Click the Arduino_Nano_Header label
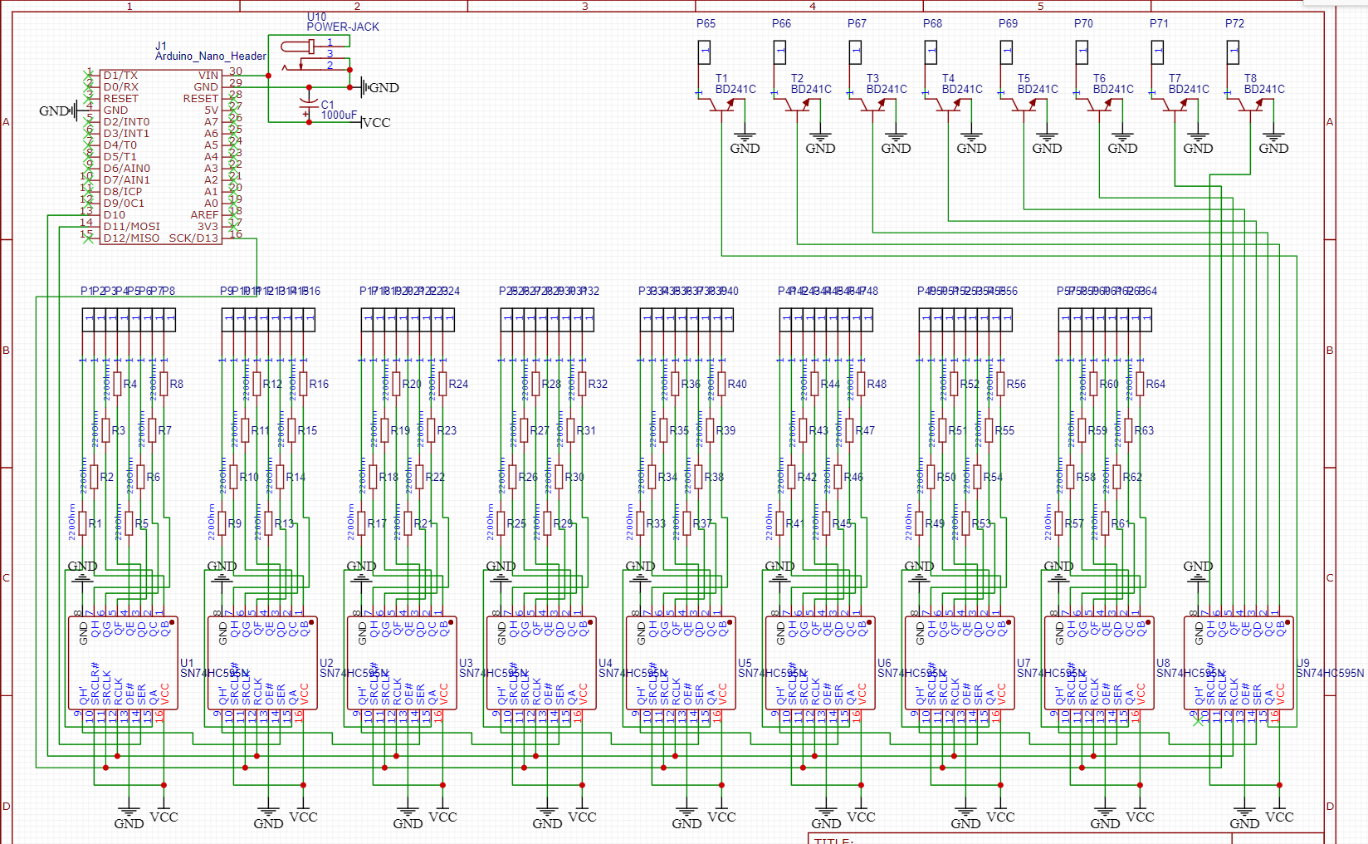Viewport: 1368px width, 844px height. (210, 56)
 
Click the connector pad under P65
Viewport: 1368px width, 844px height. (704, 52)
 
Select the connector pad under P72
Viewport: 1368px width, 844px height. (1233, 52)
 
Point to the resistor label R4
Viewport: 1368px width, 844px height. (129, 384)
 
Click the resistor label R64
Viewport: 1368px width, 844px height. (1155, 384)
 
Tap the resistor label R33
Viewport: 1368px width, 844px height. (656, 523)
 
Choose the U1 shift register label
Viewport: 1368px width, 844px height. (187, 663)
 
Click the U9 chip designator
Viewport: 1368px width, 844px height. (1302, 663)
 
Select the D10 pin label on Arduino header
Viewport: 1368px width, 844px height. (115, 214)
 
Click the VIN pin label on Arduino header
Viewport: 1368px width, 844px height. (208, 75)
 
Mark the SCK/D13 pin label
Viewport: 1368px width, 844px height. (193, 238)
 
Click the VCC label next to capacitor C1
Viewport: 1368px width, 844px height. (375, 122)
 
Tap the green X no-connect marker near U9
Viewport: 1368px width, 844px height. (1198, 720)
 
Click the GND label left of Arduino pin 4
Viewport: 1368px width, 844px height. (53, 110)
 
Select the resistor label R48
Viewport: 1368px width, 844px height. (876, 384)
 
